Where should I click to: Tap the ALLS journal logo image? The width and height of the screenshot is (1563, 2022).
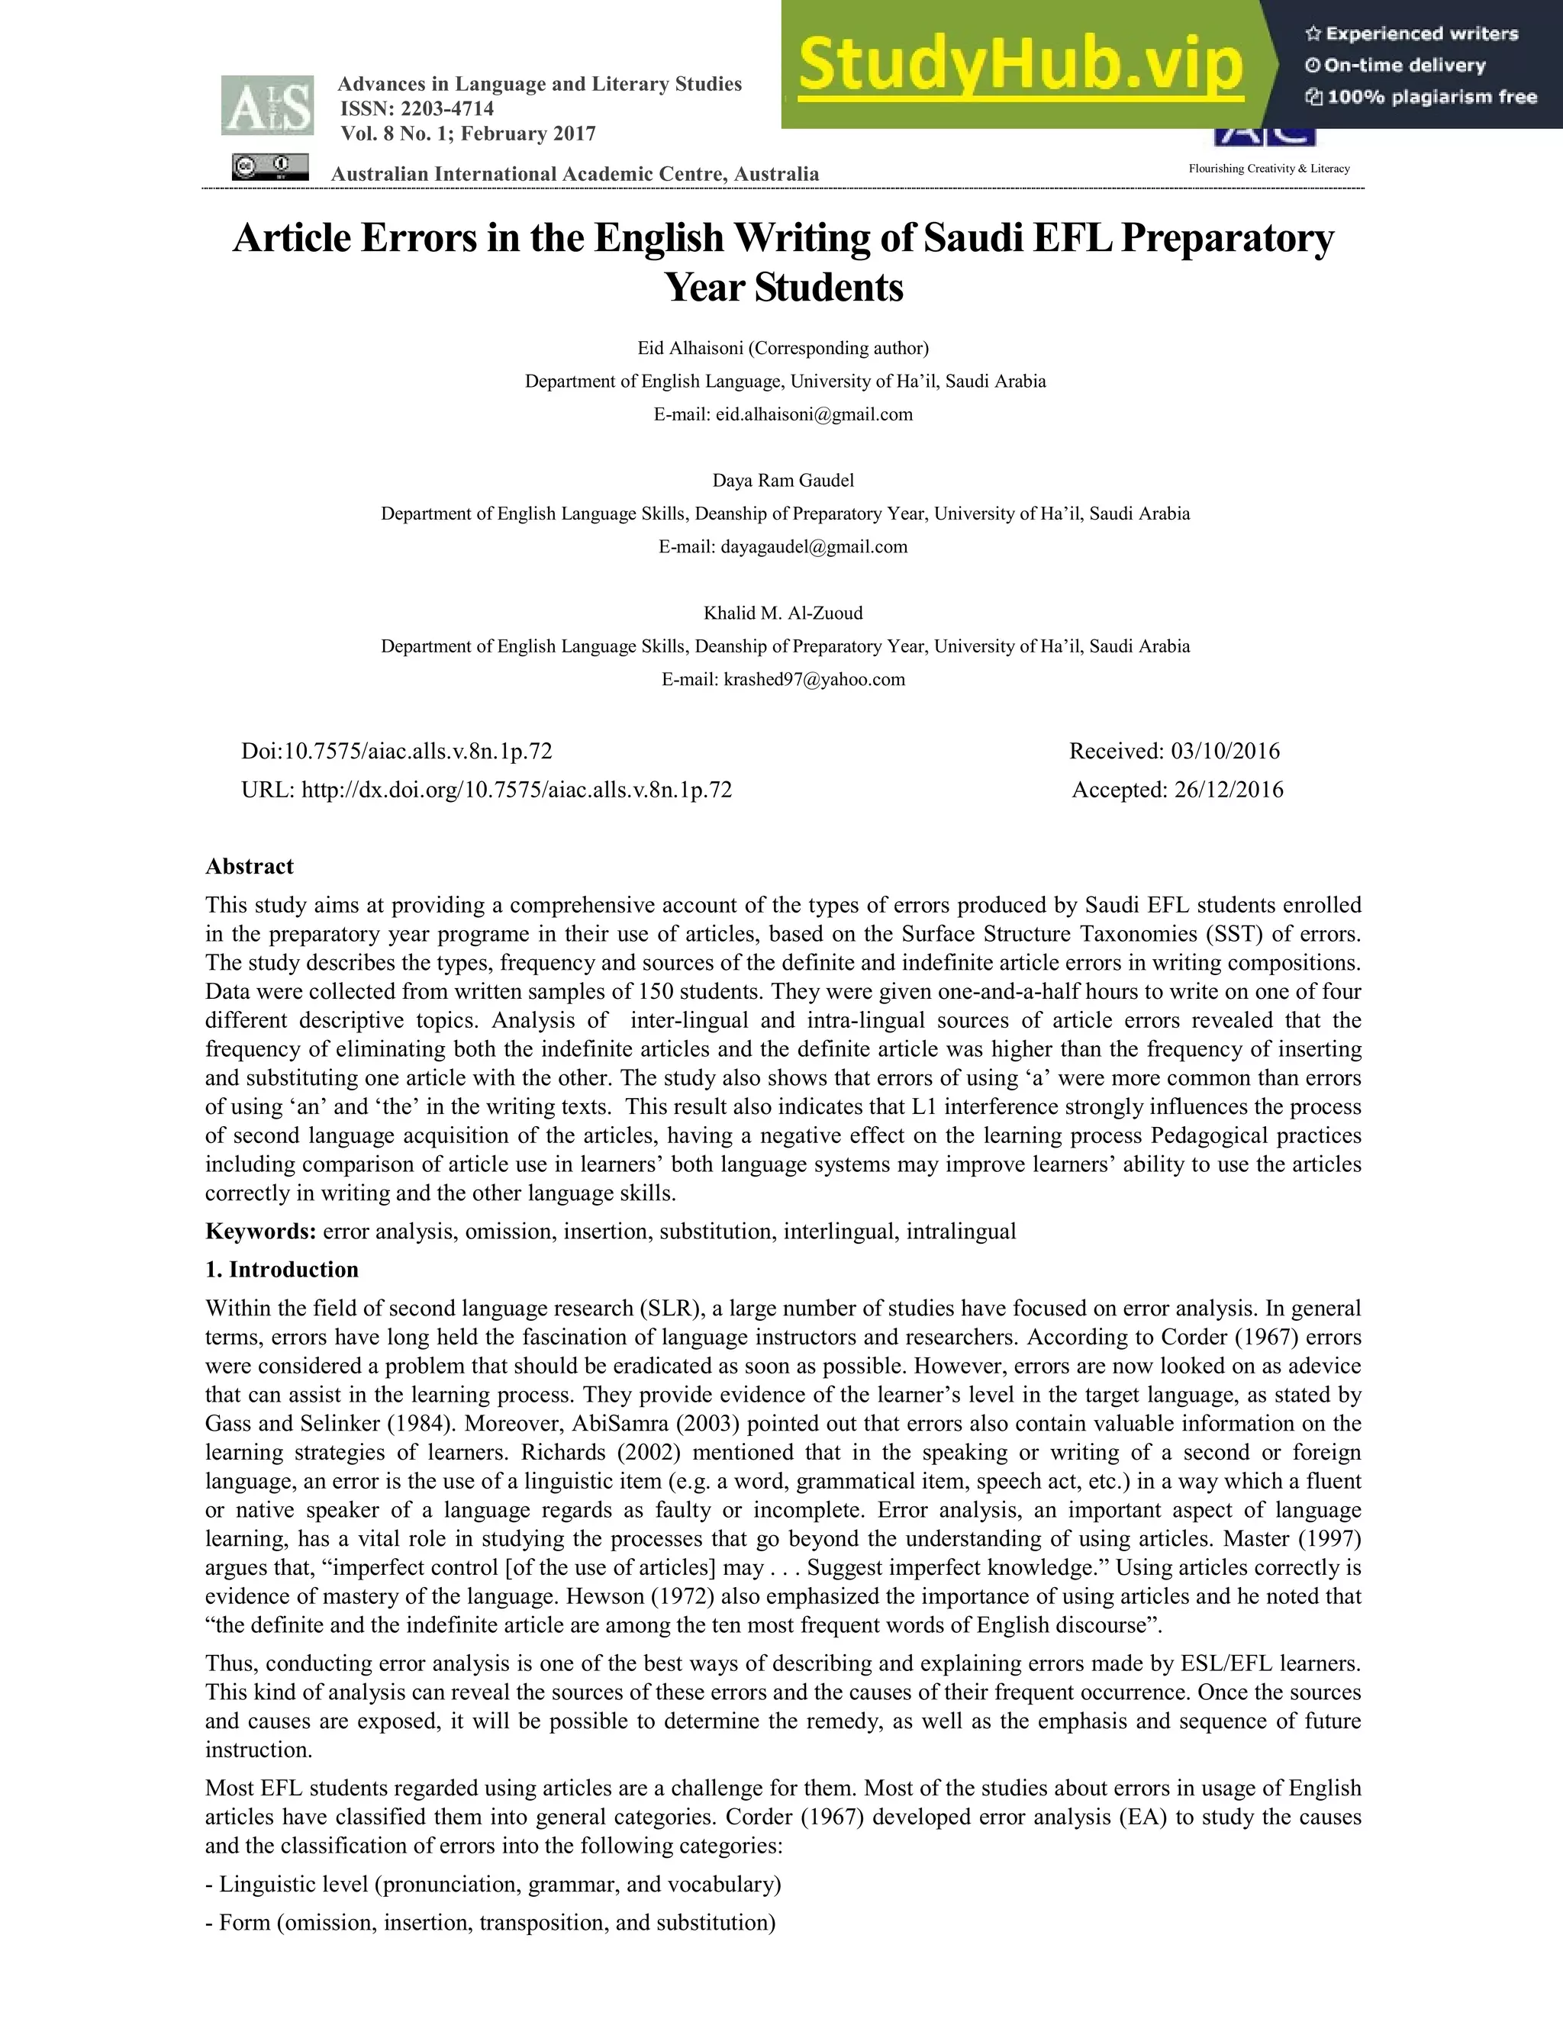click(266, 105)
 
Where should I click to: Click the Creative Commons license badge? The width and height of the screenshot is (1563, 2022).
click(269, 168)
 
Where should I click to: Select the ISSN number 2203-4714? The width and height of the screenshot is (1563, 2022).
click(447, 108)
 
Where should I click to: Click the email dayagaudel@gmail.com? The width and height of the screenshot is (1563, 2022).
click(814, 547)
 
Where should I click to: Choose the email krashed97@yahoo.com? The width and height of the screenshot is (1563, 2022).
click(814, 680)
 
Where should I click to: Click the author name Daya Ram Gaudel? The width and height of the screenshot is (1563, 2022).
click(782, 481)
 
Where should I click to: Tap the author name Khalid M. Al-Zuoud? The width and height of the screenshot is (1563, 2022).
click(782, 613)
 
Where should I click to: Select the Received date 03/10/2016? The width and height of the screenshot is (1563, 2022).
click(1225, 751)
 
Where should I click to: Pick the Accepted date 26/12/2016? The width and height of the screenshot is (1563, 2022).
click(1228, 790)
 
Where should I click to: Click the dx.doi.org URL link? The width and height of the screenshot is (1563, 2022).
click(517, 790)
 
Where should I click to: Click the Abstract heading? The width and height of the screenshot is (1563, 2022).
click(249, 867)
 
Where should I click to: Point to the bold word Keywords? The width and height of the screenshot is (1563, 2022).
click(260, 1232)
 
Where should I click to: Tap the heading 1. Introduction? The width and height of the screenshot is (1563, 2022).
click(282, 1270)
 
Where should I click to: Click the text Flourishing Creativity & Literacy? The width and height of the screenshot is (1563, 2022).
click(1268, 169)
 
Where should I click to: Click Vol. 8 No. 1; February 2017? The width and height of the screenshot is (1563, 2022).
click(468, 134)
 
